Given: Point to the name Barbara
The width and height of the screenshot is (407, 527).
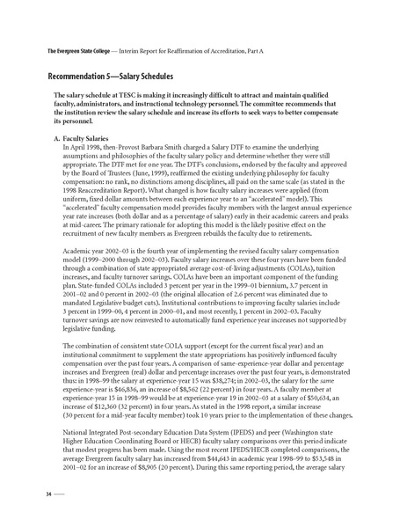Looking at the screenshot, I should (x=164, y=148).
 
